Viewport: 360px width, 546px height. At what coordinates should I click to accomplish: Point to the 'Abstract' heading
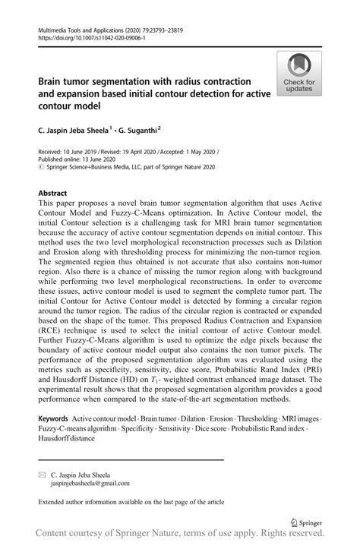[x=58, y=194]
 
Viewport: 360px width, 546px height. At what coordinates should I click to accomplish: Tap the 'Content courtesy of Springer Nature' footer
[x=180, y=535]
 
